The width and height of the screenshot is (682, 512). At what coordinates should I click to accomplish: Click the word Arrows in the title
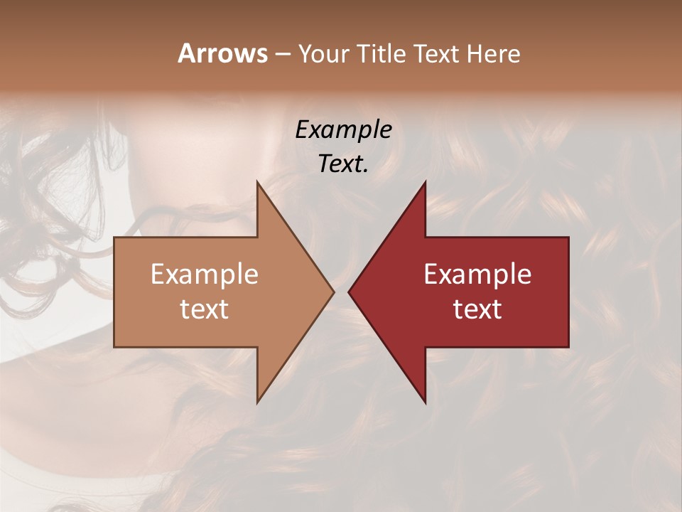tap(222, 53)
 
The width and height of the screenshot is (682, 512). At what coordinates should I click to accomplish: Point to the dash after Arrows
tap(282, 55)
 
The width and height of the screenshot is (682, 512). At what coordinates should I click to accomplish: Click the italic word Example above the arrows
tap(344, 129)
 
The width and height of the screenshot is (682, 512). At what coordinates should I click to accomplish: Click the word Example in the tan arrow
tap(205, 274)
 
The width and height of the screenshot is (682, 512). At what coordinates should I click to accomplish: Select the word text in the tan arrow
tap(205, 309)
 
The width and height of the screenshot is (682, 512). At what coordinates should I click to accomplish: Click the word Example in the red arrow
tap(477, 274)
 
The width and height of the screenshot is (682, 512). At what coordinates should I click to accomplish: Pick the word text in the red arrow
tap(477, 309)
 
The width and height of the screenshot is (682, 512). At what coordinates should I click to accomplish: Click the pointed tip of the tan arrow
tap(333, 292)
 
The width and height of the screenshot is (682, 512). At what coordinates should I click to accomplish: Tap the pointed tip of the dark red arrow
tap(349, 292)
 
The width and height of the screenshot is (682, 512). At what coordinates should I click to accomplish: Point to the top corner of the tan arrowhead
tap(257, 181)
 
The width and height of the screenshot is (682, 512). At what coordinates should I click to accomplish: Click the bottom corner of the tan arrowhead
tap(257, 402)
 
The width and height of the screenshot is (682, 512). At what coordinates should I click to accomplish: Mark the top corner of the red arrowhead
tap(425, 181)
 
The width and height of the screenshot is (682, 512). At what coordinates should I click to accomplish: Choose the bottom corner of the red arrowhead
tap(425, 402)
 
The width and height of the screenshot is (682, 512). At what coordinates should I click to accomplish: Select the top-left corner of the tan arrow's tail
tap(114, 238)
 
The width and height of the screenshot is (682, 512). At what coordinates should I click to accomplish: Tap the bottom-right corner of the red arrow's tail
tap(568, 346)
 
